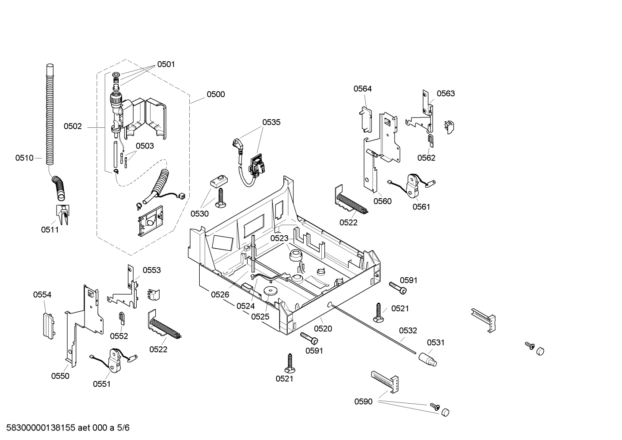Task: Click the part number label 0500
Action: click(216, 95)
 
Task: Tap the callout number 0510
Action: click(25, 158)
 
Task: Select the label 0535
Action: click(271, 122)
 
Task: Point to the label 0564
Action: click(362, 89)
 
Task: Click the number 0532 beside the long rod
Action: click(408, 330)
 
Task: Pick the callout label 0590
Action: click(363, 402)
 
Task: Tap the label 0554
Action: click(42, 294)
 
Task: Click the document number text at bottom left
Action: click(68, 427)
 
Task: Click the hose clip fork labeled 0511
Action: click(63, 214)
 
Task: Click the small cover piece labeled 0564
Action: click(365, 120)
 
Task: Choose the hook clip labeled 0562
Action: click(430, 140)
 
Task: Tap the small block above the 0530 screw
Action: click(219, 181)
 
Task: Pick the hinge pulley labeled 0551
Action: click(115, 360)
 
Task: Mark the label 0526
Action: click(220, 294)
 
